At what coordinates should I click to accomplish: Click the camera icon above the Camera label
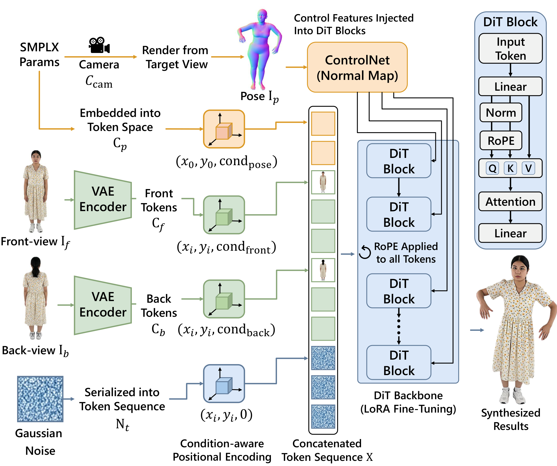click(x=99, y=45)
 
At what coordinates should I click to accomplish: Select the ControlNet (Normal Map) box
click(x=357, y=67)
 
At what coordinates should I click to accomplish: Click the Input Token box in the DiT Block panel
click(x=510, y=48)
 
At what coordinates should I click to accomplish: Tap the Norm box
click(x=501, y=113)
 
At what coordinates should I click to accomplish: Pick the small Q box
click(x=492, y=168)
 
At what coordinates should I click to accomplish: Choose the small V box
click(x=528, y=168)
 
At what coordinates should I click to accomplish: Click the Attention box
click(x=510, y=202)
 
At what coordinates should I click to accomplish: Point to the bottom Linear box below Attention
click(x=510, y=233)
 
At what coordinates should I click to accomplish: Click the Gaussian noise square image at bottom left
click(x=40, y=399)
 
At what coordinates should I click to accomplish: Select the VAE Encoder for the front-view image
click(x=103, y=200)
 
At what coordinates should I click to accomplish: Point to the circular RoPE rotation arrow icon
click(x=365, y=252)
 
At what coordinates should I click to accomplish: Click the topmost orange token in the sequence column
click(x=323, y=124)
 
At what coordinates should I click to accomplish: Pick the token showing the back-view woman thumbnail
click(x=323, y=270)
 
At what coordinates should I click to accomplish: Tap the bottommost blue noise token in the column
click(x=323, y=416)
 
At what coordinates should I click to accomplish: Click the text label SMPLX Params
click(x=39, y=55)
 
